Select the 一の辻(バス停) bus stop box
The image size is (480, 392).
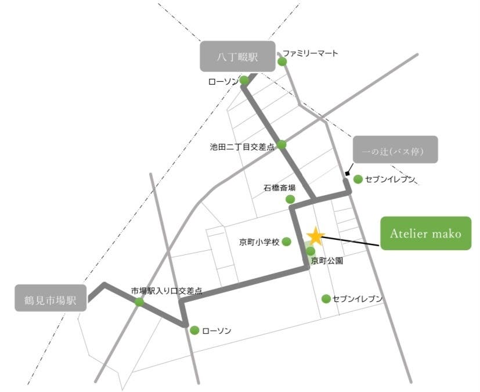pos(395,150)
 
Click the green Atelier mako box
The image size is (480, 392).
pos(425,233)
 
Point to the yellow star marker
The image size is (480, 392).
pos(315,235)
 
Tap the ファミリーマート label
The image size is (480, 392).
pos(314,53)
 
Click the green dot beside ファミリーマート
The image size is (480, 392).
pos(282,62)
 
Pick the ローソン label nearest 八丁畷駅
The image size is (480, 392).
pos(223,82)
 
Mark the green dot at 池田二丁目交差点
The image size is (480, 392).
pos(281,145)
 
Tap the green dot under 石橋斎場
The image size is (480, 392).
pos(290,199)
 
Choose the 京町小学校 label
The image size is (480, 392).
pos(259,241)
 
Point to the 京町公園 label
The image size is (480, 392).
pos(327,261)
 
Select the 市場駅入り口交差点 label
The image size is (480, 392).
pos(167,290)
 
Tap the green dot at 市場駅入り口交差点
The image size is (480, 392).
pos(139,302)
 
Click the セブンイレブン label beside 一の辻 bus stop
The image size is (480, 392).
pos(391,179)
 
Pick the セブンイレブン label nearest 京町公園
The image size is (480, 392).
pos(358,299)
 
